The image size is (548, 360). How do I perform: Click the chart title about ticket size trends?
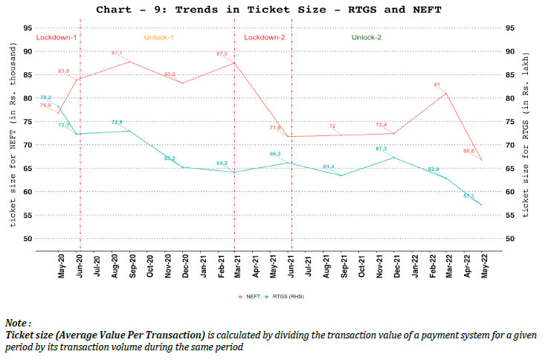273,10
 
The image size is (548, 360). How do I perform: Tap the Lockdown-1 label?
56,36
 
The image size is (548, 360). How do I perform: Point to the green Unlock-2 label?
367,36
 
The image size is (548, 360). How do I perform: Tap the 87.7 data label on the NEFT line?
117,54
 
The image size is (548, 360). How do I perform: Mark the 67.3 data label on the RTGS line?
381,149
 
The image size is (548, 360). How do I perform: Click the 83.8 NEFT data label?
64,71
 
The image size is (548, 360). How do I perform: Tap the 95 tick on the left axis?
28,28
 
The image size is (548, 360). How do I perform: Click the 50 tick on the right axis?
510,238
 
